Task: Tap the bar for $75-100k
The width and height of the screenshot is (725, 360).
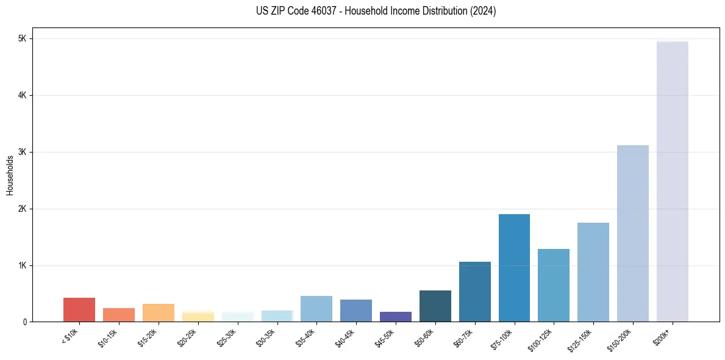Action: coord(514,268)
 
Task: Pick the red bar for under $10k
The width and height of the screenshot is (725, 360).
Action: coord(79,310)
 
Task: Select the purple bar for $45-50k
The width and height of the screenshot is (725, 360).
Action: coord(396,317)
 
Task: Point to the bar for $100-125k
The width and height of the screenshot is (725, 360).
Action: coord(554,285)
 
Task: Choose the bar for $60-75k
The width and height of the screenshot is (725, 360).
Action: coord(474,292)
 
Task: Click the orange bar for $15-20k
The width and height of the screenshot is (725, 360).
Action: coord(159,313)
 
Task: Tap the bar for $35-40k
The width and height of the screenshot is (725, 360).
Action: coord(316,309)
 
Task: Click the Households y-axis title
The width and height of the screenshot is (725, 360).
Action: coord(10,175)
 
